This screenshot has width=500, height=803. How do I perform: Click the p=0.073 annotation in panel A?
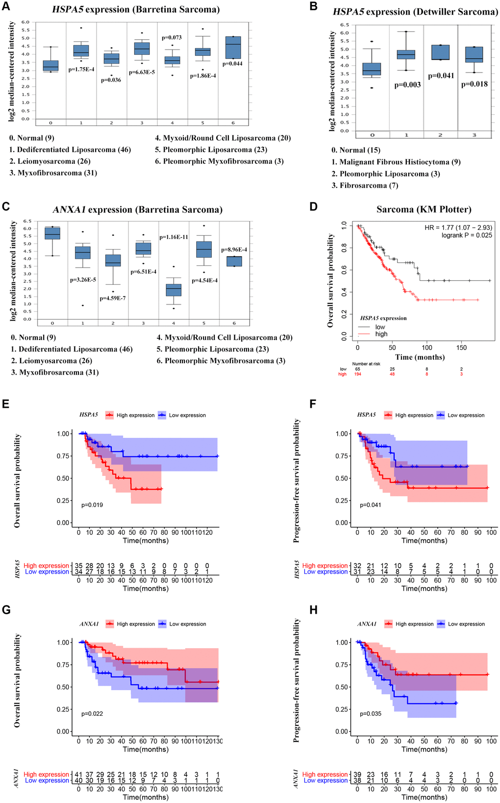click(172, 37)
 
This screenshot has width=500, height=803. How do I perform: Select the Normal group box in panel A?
click(51, 65)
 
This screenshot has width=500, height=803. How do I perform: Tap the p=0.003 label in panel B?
click(407, 85)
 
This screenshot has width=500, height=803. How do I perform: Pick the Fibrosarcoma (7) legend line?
click(365, 185)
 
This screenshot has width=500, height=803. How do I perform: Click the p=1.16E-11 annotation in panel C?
click(174, 237)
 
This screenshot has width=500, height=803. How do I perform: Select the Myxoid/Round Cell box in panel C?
click(174, 290)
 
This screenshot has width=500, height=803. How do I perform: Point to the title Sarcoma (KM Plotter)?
click(424, 209)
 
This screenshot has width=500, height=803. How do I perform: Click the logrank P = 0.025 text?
click(459, 235)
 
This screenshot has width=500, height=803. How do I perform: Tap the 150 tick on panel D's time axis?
click(461, 348)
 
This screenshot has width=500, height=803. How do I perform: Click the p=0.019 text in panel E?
click(92, 505)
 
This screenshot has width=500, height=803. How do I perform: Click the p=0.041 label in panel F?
click(371, 505)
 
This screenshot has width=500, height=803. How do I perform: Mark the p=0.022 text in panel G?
click(92, 714)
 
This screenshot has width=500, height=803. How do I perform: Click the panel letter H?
click(314, 610)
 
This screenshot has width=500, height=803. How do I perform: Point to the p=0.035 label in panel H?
click(371, 714)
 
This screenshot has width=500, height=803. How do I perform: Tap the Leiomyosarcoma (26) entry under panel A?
click(50, 161)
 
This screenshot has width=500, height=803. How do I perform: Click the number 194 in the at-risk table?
click(357, 374)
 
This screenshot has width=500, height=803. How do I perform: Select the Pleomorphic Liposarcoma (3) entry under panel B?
click(385, 174)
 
